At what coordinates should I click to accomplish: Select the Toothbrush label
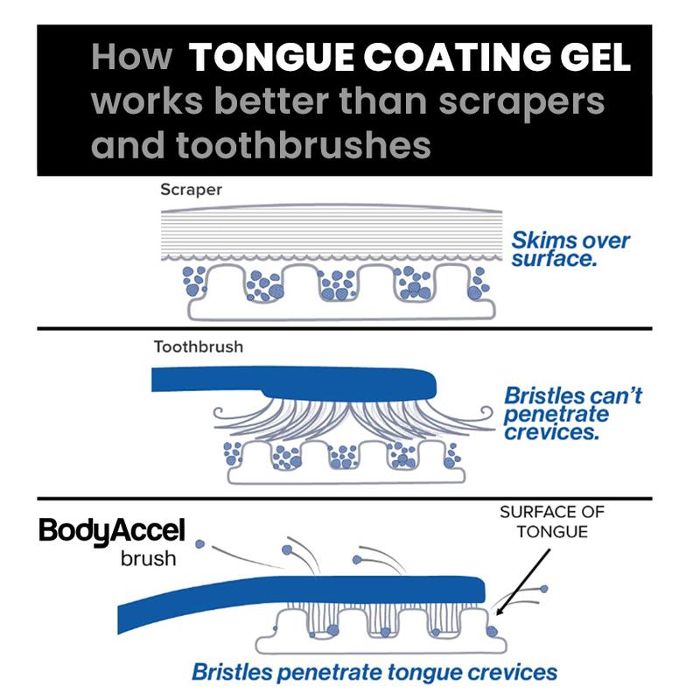(x=199, y=346)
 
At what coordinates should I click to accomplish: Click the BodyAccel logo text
(x=110, y=531)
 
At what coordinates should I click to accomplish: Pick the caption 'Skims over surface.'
(x=571, y=249)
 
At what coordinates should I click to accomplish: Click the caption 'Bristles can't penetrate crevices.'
(x=574, y=413)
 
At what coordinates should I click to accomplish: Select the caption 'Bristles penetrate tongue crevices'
(x=374, y=674)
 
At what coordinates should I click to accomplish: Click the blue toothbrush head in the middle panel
(x=297, y=382)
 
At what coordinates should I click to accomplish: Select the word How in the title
(x=132, y=59)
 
